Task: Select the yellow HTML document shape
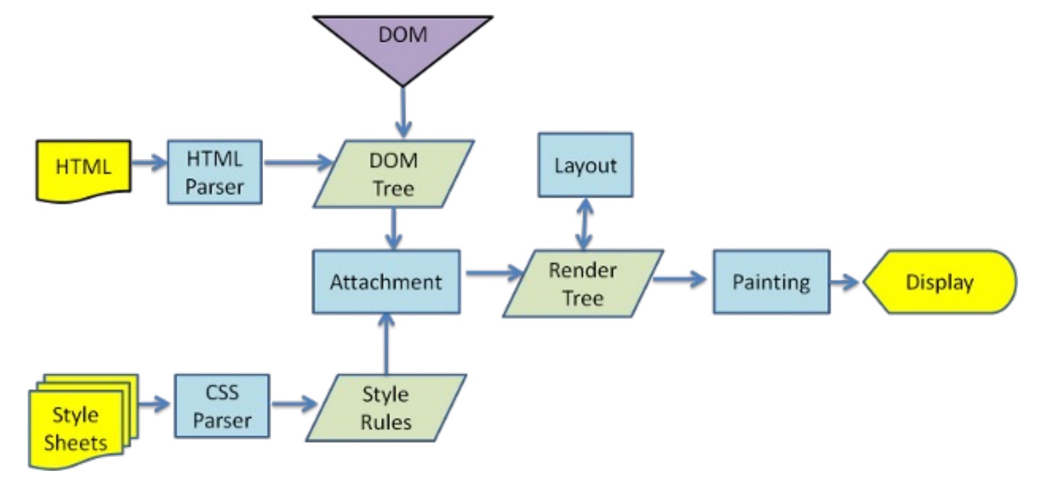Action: (x=84, y=168)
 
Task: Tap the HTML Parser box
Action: (x=215, y=172)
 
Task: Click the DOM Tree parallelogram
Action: (x=393, y=174)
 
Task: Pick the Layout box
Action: (x=585, y=165)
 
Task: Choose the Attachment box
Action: (x=386, y=282)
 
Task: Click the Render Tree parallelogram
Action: (x=583, y=283)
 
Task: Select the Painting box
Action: (x=771, y=282)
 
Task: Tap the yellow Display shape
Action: (x=939, y=282)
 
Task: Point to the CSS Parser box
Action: (x=222, y=406)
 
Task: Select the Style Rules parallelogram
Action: (x=386, y=408)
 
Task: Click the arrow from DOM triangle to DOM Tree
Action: (x=403, y=112)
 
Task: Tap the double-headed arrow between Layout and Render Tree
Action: (x=585, y=224)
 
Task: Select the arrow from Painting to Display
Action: (x=845, y=282)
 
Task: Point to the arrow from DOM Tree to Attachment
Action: (x=393, y=229)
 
